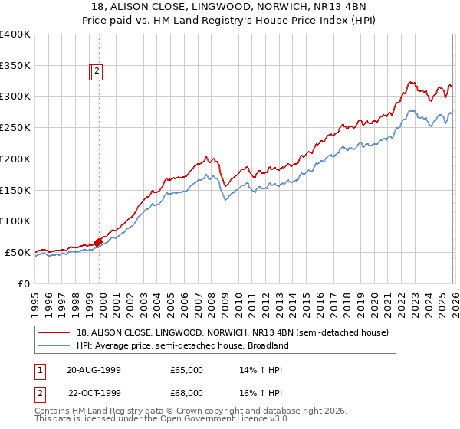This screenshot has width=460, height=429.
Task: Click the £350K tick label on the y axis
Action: pyautogui.click(x=15, y=66)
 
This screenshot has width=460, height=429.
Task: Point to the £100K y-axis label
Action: pyautogui.click(x=15, y=221)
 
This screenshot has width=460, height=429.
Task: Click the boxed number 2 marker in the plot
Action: pyautogui.click(x=97, y=72)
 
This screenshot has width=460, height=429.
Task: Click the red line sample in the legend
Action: pyautogui.click(x=54, y=332)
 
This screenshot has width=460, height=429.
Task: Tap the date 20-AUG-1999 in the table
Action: pyautogui.click(x=94, y=370)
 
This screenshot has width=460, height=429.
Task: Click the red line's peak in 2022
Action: pyautogui.click(x=411, y=81)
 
